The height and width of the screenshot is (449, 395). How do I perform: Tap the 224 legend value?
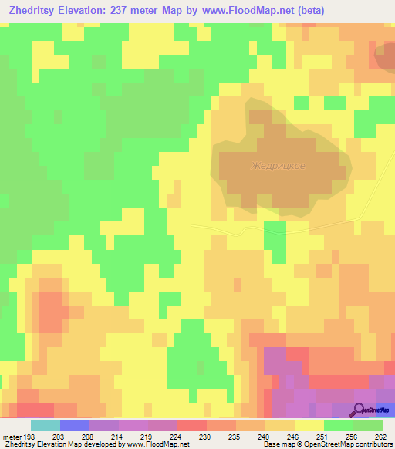tap(177, 437)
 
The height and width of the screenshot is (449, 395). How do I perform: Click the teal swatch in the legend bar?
tap(46, 425)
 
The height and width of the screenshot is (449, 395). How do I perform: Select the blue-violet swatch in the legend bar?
tap(75, 425)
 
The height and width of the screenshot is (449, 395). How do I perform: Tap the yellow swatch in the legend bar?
tap(309, 425)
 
